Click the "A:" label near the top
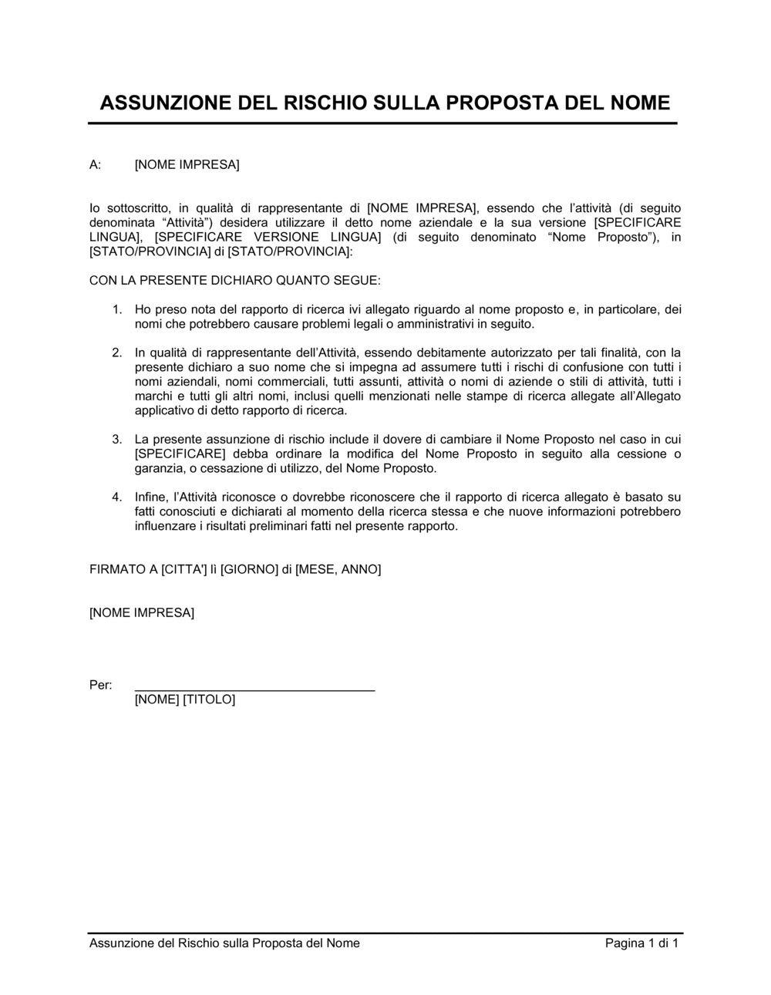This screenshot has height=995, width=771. [x=96, y=164]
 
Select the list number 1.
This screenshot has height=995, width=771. [x=117, y=309]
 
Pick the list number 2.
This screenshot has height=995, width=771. [x=117, y=352]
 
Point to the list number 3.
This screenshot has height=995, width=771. [x=117, y=439]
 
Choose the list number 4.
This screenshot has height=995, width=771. [x=117, y=497]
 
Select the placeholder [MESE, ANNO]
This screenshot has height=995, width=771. [x=338, y=569]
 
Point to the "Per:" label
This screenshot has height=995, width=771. [x=100, y=685]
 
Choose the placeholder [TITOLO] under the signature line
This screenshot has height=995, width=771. [x=209, y=700]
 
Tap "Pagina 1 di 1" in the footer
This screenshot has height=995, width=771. [x=641, y=943]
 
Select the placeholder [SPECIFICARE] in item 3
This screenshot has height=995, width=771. [x=180, y=454]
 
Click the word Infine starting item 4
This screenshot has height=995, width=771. [x=150, y=497]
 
